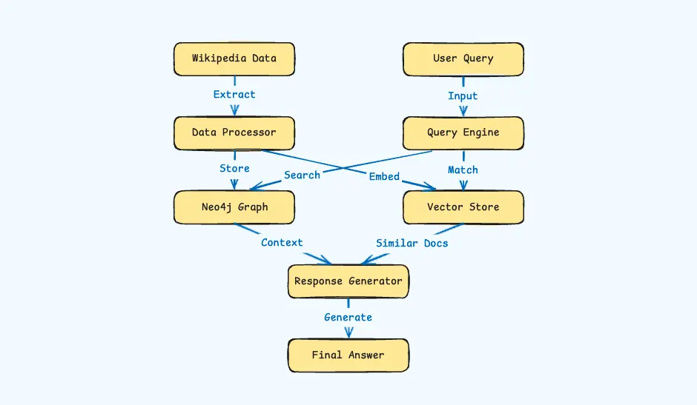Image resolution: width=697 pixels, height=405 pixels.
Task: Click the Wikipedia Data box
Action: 234,58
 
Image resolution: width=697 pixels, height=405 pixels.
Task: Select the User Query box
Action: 463,58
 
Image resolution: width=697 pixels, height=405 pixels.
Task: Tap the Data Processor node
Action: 234,133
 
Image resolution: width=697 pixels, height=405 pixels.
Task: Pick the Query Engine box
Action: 463,133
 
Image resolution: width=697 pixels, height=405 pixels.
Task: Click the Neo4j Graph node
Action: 234,207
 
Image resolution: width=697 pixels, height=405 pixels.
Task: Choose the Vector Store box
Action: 463,207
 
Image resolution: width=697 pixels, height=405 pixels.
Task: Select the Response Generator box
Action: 348,281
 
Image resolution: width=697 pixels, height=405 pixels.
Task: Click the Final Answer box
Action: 348,355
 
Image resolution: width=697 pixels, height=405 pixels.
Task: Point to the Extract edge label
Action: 234,95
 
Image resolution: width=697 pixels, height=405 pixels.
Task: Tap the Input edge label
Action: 463,96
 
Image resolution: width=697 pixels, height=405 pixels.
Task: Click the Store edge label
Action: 234,169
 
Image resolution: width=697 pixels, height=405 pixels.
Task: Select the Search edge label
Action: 302,175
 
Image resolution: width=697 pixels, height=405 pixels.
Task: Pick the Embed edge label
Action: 384,176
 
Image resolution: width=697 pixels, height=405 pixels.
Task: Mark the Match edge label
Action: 463,170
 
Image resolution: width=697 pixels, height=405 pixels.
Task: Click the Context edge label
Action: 282,243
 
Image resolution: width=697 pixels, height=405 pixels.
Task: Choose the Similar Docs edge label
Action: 412,243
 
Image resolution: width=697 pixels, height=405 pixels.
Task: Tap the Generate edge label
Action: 348,318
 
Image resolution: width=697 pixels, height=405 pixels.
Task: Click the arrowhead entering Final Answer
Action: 348,334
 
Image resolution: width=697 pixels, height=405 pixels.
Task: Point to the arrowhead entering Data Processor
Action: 234,111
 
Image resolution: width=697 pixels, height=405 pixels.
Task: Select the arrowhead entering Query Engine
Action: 463,111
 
